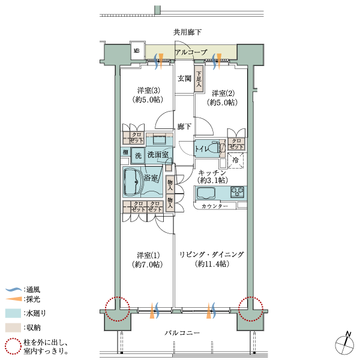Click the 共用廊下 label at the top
pos(187,32)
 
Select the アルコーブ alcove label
pos(191,52)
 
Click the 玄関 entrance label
pos(184,79)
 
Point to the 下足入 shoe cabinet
pos(199,79)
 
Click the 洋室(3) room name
pos(149,90)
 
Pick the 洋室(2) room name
pos(223,93)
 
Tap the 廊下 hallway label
pos(184,126)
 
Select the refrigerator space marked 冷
pos(236,160)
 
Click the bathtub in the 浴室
pos(133,182)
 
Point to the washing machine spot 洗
pos(138,155)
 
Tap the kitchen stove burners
pos(238,192)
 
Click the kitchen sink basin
pos(206,193)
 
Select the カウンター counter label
pos(215,206)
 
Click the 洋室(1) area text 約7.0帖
pos(148,265)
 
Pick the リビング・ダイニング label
pos(211,254)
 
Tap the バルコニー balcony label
pos(182,332)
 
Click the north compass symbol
pos(344,344)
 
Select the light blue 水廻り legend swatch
pos(13,313)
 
